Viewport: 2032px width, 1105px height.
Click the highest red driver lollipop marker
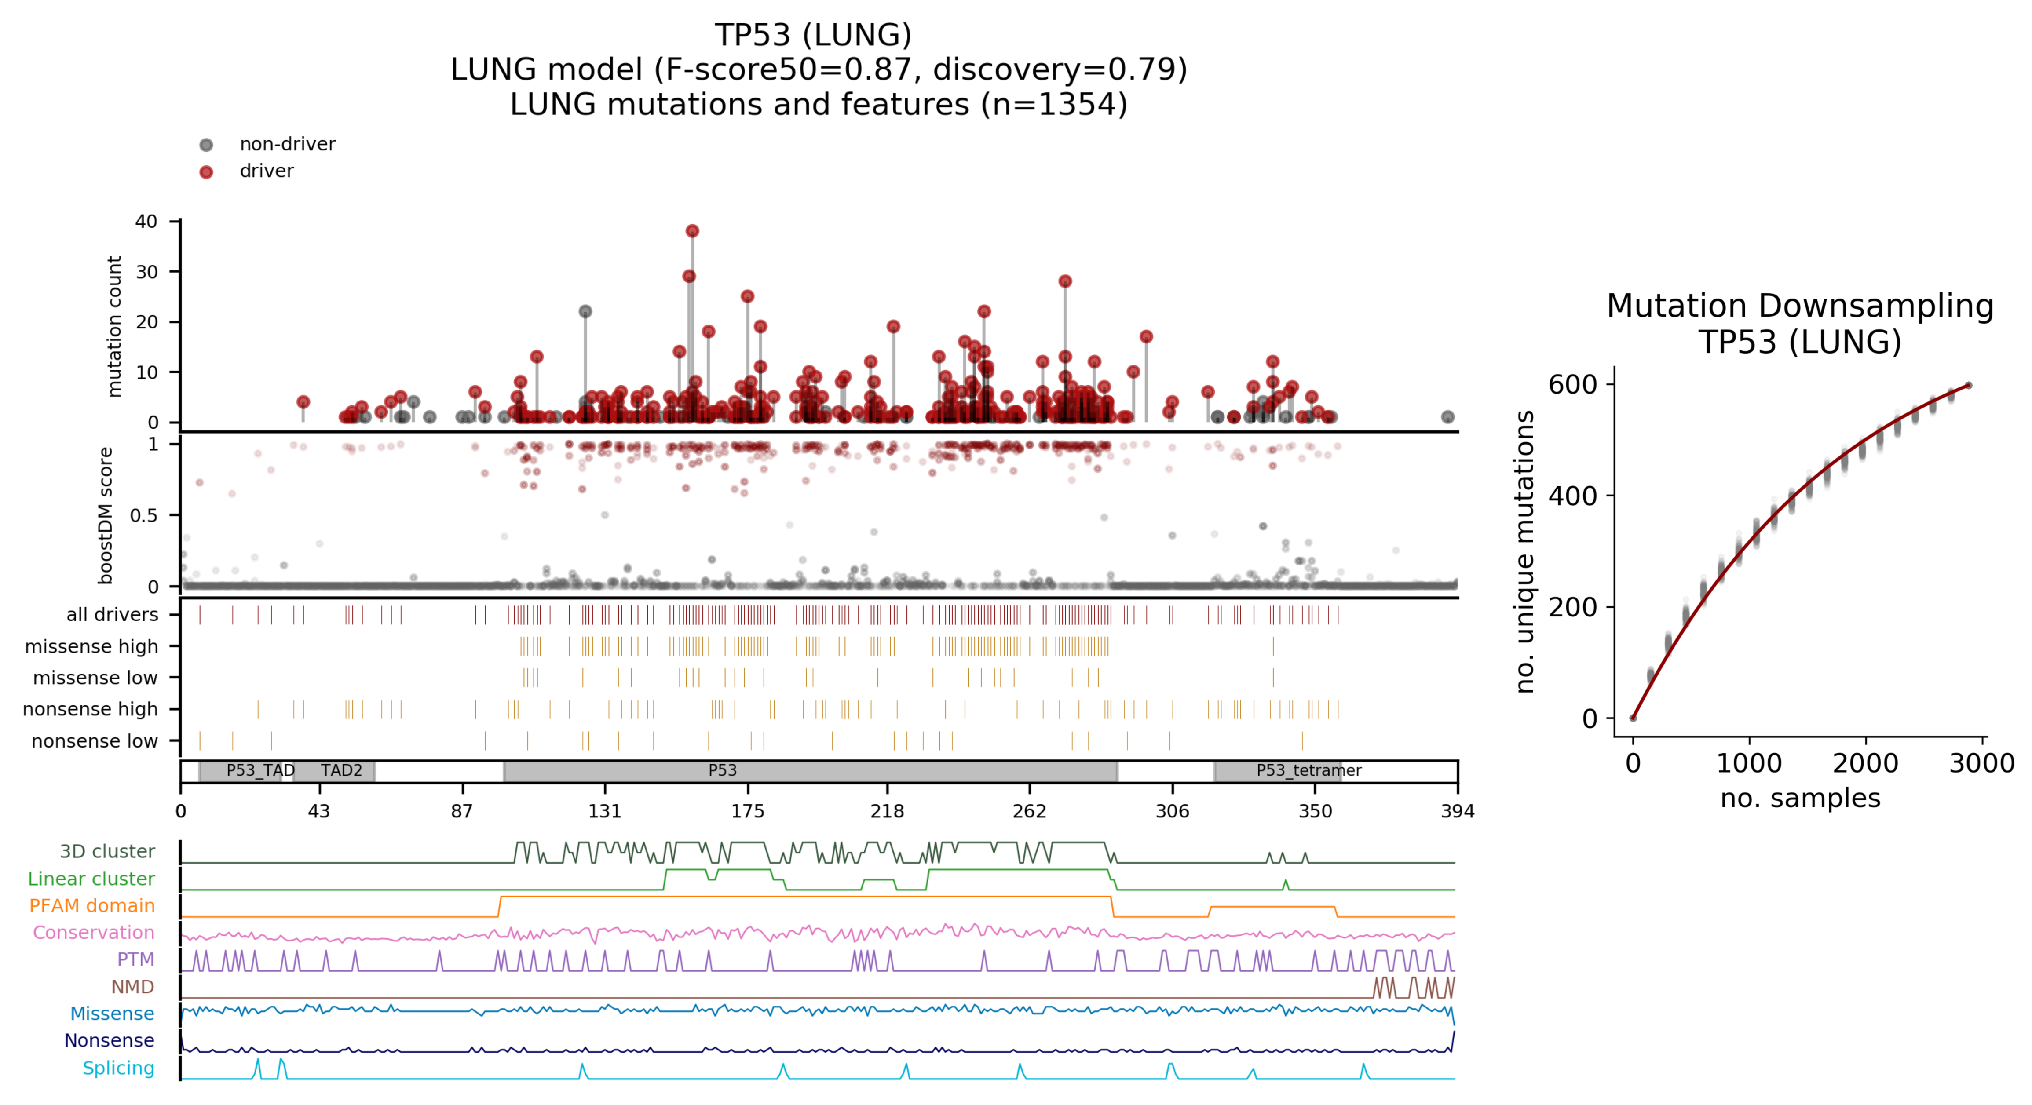692,231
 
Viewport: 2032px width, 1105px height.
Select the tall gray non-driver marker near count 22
585,312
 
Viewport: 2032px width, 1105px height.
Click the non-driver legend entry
287,144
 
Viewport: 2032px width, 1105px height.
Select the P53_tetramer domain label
1308,770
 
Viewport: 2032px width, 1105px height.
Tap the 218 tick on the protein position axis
887,811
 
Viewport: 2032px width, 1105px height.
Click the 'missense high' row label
91,647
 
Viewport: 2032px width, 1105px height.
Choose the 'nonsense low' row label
95,741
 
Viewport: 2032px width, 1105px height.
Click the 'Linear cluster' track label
91,879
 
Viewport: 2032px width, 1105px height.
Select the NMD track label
132,987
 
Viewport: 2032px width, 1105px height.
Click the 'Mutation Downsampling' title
1799,306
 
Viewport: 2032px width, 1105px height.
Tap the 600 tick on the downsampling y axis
1572,385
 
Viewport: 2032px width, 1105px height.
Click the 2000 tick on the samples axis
1865,763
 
